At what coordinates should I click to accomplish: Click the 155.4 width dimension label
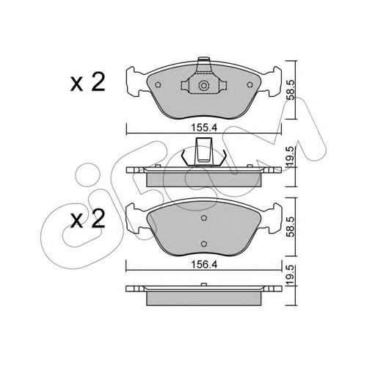204,128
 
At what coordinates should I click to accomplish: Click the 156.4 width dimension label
204,264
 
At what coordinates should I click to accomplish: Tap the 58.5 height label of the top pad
292,90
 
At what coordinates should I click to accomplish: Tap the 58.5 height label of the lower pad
292,227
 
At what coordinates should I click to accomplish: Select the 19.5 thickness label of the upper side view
292,157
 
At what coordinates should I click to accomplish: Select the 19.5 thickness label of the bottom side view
292,275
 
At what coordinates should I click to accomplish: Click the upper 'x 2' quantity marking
87,82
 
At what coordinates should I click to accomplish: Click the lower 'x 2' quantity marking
87,219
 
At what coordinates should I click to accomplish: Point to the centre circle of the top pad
203,86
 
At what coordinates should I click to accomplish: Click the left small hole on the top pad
158,84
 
